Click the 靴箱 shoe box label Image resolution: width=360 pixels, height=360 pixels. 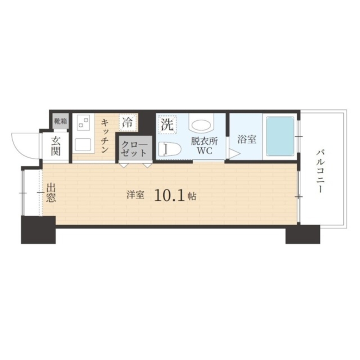[x=60, y=121]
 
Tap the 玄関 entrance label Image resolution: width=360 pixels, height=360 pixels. [x=55, y=146]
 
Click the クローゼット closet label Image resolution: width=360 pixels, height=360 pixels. [x=134, y=149]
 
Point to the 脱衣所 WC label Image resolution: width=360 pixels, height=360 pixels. [x=204, y=146]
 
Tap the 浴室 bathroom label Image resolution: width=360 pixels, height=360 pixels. [x=247, y=139]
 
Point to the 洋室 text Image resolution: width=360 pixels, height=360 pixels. [x=135, y=195]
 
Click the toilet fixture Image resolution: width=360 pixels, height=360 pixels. [x=169, y=148]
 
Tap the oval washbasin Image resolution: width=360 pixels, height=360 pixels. [x=201, y=125]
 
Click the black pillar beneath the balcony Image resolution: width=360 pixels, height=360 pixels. [x=302, y=234]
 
